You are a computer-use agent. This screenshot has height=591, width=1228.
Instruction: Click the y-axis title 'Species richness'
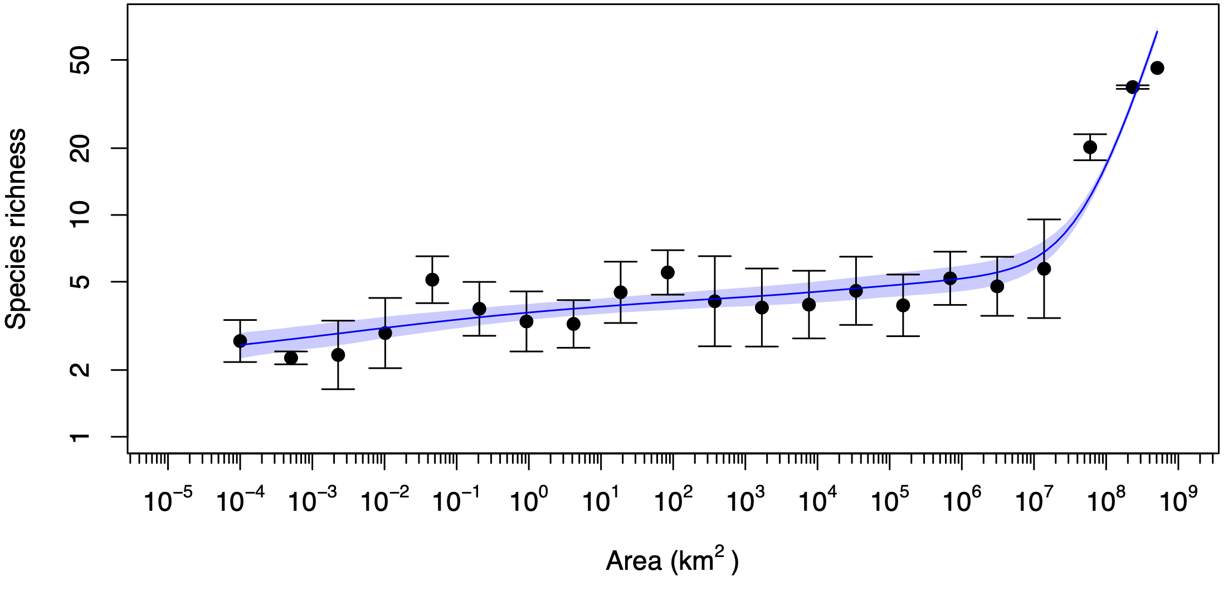(x=16, y=228)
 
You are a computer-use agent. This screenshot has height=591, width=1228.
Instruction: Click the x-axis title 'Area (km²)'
(x=671, y=560)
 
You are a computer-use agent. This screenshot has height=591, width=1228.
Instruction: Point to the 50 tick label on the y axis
(x=80, y=60)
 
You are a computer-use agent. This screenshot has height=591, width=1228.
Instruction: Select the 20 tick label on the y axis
(x=80, y=148)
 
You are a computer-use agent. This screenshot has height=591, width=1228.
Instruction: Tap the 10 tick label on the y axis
(x=80, y=215)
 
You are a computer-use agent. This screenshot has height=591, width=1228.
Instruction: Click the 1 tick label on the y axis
(x=80, y=437)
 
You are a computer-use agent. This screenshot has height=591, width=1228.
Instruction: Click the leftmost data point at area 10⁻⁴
(x=240, y=341)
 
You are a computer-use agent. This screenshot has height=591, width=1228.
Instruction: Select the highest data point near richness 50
(x=1157, y=68)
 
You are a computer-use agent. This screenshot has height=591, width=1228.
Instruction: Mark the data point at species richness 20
(x=1090, y=147)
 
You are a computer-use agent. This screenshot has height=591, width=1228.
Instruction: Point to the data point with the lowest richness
(x=291, y=358)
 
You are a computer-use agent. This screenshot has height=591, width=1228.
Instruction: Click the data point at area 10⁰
(x=527, y=321)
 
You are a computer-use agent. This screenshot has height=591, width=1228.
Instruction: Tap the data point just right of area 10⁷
(x=1044, y=269)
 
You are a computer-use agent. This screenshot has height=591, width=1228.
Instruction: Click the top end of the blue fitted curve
(x=1157, y=31)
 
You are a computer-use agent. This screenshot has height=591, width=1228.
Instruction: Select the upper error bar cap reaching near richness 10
(x=1044, y=219)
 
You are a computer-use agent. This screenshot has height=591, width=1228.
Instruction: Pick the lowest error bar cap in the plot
(x=338, y=389)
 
